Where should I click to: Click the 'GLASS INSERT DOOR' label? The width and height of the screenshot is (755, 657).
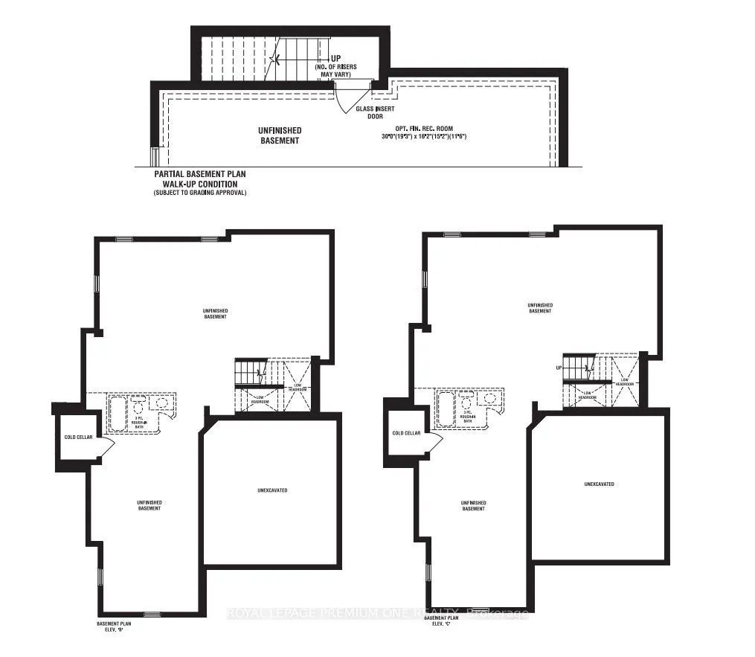tap(374, 112)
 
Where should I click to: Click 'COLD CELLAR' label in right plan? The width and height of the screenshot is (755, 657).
tap(406, 433)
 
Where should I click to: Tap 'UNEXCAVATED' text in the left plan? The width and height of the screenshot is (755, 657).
tap(272, 490)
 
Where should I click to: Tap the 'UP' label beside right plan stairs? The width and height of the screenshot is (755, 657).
tap(558, 368)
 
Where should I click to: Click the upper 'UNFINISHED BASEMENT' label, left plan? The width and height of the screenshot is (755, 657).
tap(214, 313)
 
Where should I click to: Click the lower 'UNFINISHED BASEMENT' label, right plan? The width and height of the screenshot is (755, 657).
tap(473, 505)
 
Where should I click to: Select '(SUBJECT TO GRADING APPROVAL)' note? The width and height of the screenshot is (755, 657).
tap(199, 193)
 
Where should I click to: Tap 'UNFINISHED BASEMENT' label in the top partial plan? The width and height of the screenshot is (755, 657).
tap(280, 135)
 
